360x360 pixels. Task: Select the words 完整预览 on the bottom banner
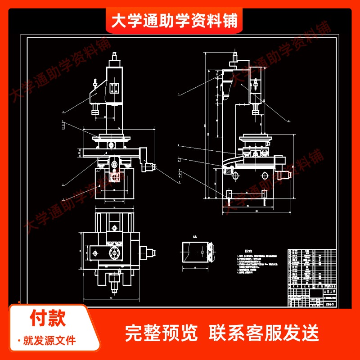162,333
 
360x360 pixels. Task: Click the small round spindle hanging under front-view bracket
95,109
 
